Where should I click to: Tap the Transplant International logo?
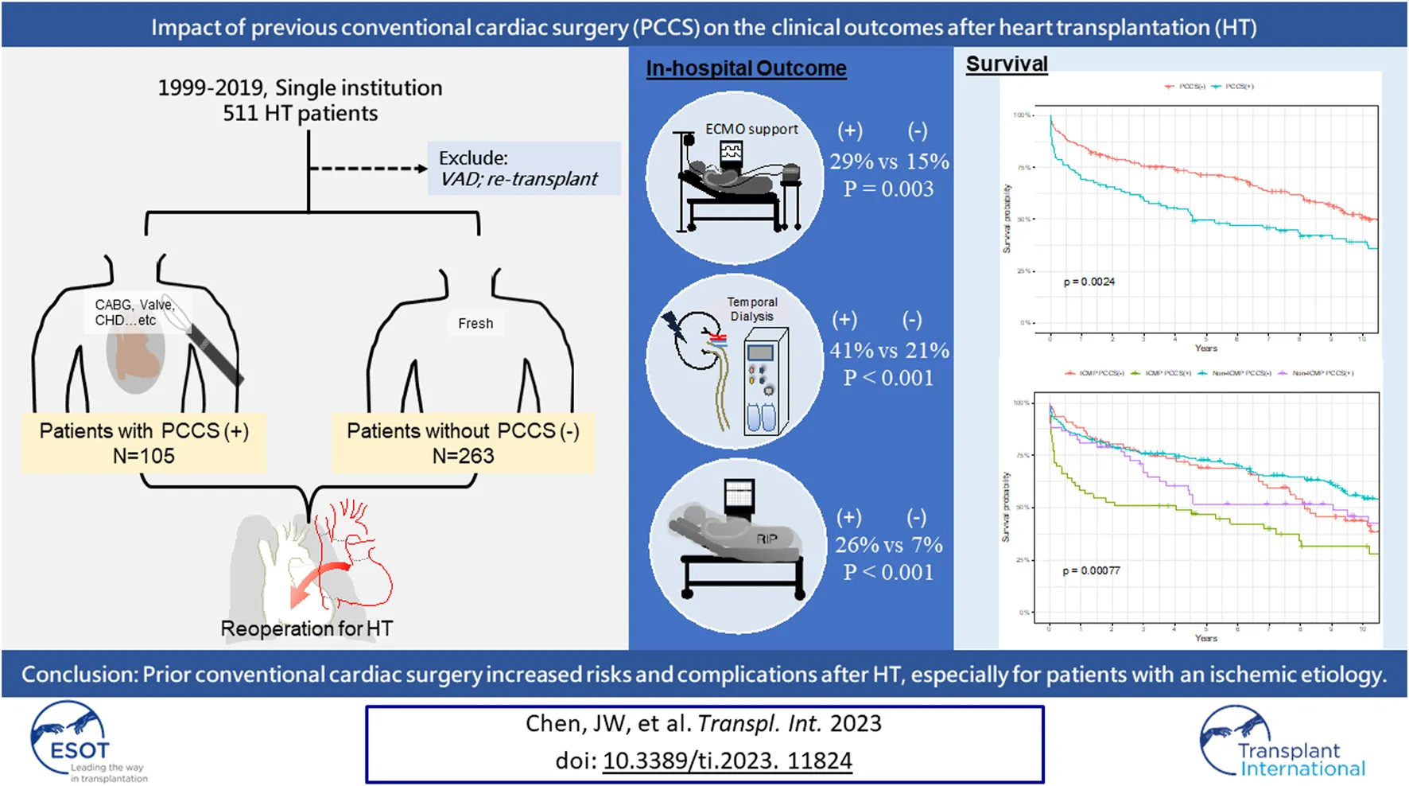1282,741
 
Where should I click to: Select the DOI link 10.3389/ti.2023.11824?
727,761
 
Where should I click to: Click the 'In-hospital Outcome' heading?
746,68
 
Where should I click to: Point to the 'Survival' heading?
1007,64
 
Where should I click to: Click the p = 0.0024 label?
1089,282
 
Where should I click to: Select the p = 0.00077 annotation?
1091,570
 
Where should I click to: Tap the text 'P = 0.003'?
888,189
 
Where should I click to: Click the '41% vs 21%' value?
889,350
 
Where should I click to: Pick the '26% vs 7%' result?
888,545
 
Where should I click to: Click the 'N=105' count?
143,456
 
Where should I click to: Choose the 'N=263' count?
463,456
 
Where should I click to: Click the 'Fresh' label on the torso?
475,324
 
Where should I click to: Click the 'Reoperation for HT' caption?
306,628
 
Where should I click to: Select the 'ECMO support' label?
751,129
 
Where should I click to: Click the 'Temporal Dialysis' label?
752,309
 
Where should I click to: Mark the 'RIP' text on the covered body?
767,539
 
